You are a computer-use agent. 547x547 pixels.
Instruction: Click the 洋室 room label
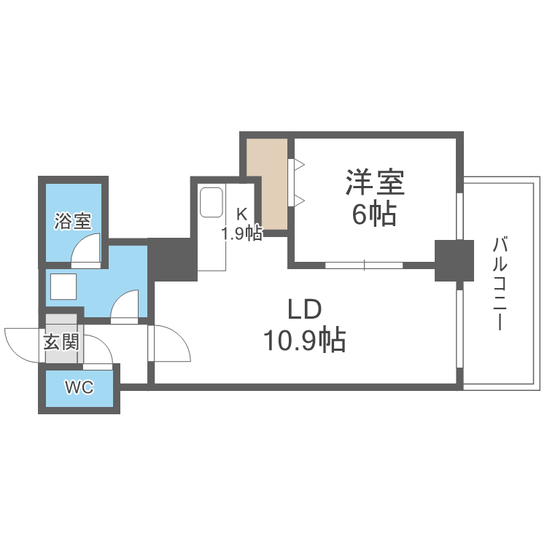pyautogui.click(x=375, y=182)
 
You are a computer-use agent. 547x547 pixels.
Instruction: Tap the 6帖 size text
pyautogui.click(x=375, y=213)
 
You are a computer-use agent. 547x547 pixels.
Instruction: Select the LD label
pyautogui.click(x=304, y=310)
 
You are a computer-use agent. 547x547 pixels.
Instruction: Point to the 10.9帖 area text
pyautogui.click(x=304, y=340)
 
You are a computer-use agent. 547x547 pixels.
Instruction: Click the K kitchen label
pyautogui.click(x=241, y=214)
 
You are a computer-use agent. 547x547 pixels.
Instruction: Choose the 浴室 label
pyautogui.click(x=72, y=221)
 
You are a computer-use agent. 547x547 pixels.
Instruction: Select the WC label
pyautogui.click(x=79, y=388)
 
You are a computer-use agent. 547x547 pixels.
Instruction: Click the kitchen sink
pyautogui.click(x=211, y=202)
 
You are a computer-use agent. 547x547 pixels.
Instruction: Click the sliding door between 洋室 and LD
pyautogui.click(x=364, y=265)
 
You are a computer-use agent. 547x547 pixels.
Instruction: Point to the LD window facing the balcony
pyautogui.click(x=459, y=329)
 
